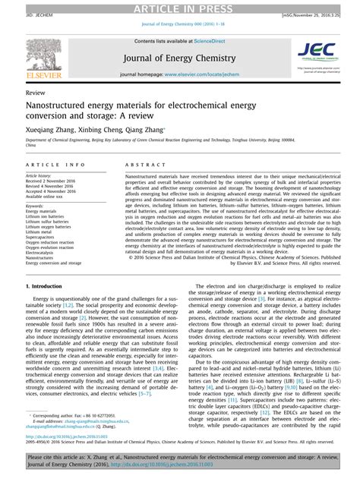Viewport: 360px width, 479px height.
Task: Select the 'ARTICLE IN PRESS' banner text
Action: (179, 7)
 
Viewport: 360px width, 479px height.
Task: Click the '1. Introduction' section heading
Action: (46, 285)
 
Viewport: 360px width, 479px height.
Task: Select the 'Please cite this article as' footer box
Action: (180, 464)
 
